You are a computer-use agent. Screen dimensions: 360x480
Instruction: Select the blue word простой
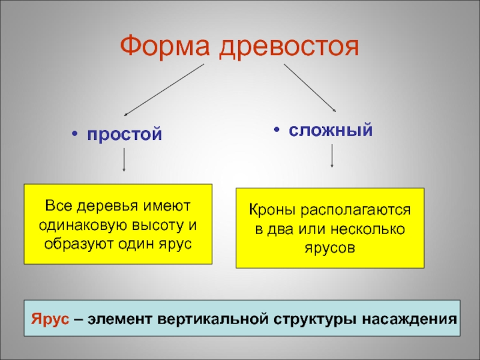pyautogui.click(x=125, y=134)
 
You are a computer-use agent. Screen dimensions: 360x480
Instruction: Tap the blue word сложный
pyautogui.click(x=331, y=130)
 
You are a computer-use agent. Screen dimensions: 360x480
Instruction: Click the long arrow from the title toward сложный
pyautogui.click(x=310, y=88)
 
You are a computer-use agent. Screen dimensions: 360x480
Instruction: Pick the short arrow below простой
pyautogui.click(x=124, y=159)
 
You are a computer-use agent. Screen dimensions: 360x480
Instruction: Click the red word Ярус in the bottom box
pyautogui.click(x=50, y=317)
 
